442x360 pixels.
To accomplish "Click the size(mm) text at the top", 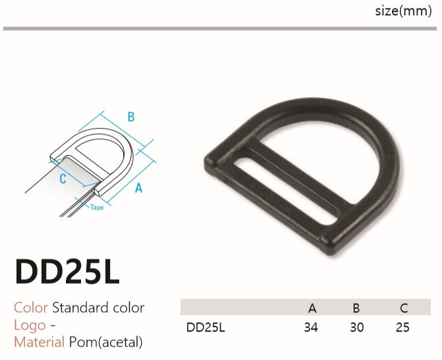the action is (403, 11).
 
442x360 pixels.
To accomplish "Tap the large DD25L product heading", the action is (67, 272).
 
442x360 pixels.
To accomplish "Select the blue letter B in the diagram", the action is (131, 117).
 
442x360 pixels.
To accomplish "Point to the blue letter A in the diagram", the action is (139, 188).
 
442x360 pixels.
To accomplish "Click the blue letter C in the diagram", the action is (63, 179).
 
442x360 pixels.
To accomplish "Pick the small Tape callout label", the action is (97, 208).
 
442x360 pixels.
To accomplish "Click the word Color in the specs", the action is (31, 307).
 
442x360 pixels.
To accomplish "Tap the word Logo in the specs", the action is (30, 325).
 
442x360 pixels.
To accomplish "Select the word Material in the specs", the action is (39, 342).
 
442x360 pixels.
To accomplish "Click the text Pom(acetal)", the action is (106, 342).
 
